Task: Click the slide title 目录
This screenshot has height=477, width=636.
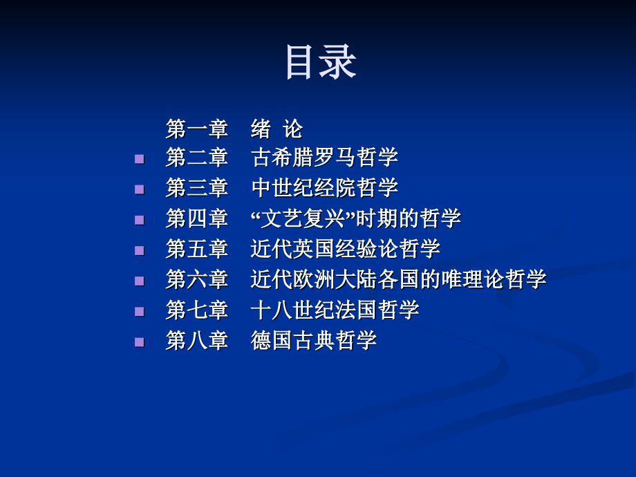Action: click(320, 63)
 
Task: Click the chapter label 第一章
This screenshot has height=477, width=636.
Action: click(196, 129)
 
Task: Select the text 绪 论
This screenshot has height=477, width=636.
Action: click(277, 129)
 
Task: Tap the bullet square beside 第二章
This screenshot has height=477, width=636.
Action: click(140, 159)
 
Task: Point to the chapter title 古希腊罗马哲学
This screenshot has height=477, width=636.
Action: click(324, 158)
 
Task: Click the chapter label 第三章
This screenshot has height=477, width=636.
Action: click(196, 188)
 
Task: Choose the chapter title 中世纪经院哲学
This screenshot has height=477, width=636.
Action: click(324, 188)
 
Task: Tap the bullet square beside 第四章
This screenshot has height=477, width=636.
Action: click(140, 220)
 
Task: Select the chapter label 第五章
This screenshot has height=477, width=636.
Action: click(196, 249)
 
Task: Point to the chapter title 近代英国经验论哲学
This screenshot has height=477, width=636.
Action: click(345, 249)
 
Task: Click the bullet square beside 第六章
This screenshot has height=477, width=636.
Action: click(140, 281)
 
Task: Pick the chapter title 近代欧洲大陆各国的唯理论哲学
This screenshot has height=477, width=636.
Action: click(398, 279)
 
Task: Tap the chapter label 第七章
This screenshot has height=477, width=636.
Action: click(196, 310)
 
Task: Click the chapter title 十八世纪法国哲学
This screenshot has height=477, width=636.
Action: click(335, 310)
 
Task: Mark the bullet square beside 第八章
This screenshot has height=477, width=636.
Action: click(140, 342)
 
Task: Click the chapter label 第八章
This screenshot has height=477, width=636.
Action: click(196, 340)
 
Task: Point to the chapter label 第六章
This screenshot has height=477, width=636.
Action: click(196, 279)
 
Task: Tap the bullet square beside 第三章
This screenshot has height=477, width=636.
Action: click(140, 189)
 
